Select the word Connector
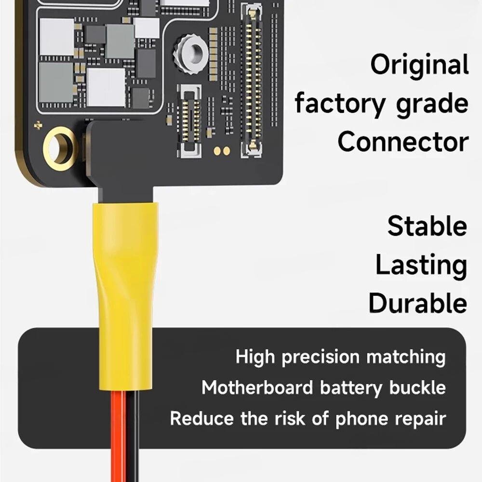403,142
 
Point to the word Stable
427,226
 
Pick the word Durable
418,303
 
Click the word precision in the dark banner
321,358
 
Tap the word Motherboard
257,388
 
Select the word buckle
417,388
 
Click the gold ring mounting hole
60,148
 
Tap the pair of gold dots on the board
222,151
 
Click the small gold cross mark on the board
38,125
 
